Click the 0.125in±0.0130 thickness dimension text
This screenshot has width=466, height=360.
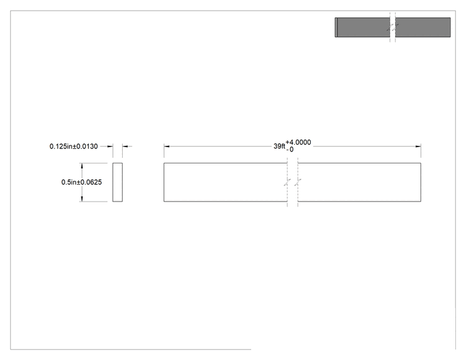coord(74,147)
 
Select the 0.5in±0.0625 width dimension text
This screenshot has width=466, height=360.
coord(81,182)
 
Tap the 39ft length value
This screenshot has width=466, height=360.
coord(279,146)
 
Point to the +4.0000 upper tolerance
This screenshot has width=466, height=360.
coord(298,142)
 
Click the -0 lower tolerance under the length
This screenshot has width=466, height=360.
coord(290,150)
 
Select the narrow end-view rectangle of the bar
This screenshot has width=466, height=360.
coord(117,182)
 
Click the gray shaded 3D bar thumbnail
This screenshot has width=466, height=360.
coord(393,28)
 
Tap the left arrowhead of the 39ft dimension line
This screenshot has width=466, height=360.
coord(167,147)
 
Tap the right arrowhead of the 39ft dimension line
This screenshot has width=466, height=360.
coord(418,147)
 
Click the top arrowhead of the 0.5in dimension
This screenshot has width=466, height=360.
coord(81,165)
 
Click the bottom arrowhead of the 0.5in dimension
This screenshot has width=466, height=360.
coord(81,199)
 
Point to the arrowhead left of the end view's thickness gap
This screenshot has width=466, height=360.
coord(110,147)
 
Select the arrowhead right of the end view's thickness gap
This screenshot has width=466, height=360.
coord(125,147)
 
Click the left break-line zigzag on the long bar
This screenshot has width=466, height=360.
coord(287,182)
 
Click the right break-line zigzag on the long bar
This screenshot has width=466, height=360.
coord(298,182)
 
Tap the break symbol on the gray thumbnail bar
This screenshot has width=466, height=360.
coord(393,28)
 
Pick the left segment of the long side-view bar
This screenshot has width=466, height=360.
coord(225,182)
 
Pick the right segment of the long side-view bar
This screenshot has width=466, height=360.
coord(360,182)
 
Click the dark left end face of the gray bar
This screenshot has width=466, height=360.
coord(336,28)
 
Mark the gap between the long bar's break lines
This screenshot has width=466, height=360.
coord(293,182)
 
